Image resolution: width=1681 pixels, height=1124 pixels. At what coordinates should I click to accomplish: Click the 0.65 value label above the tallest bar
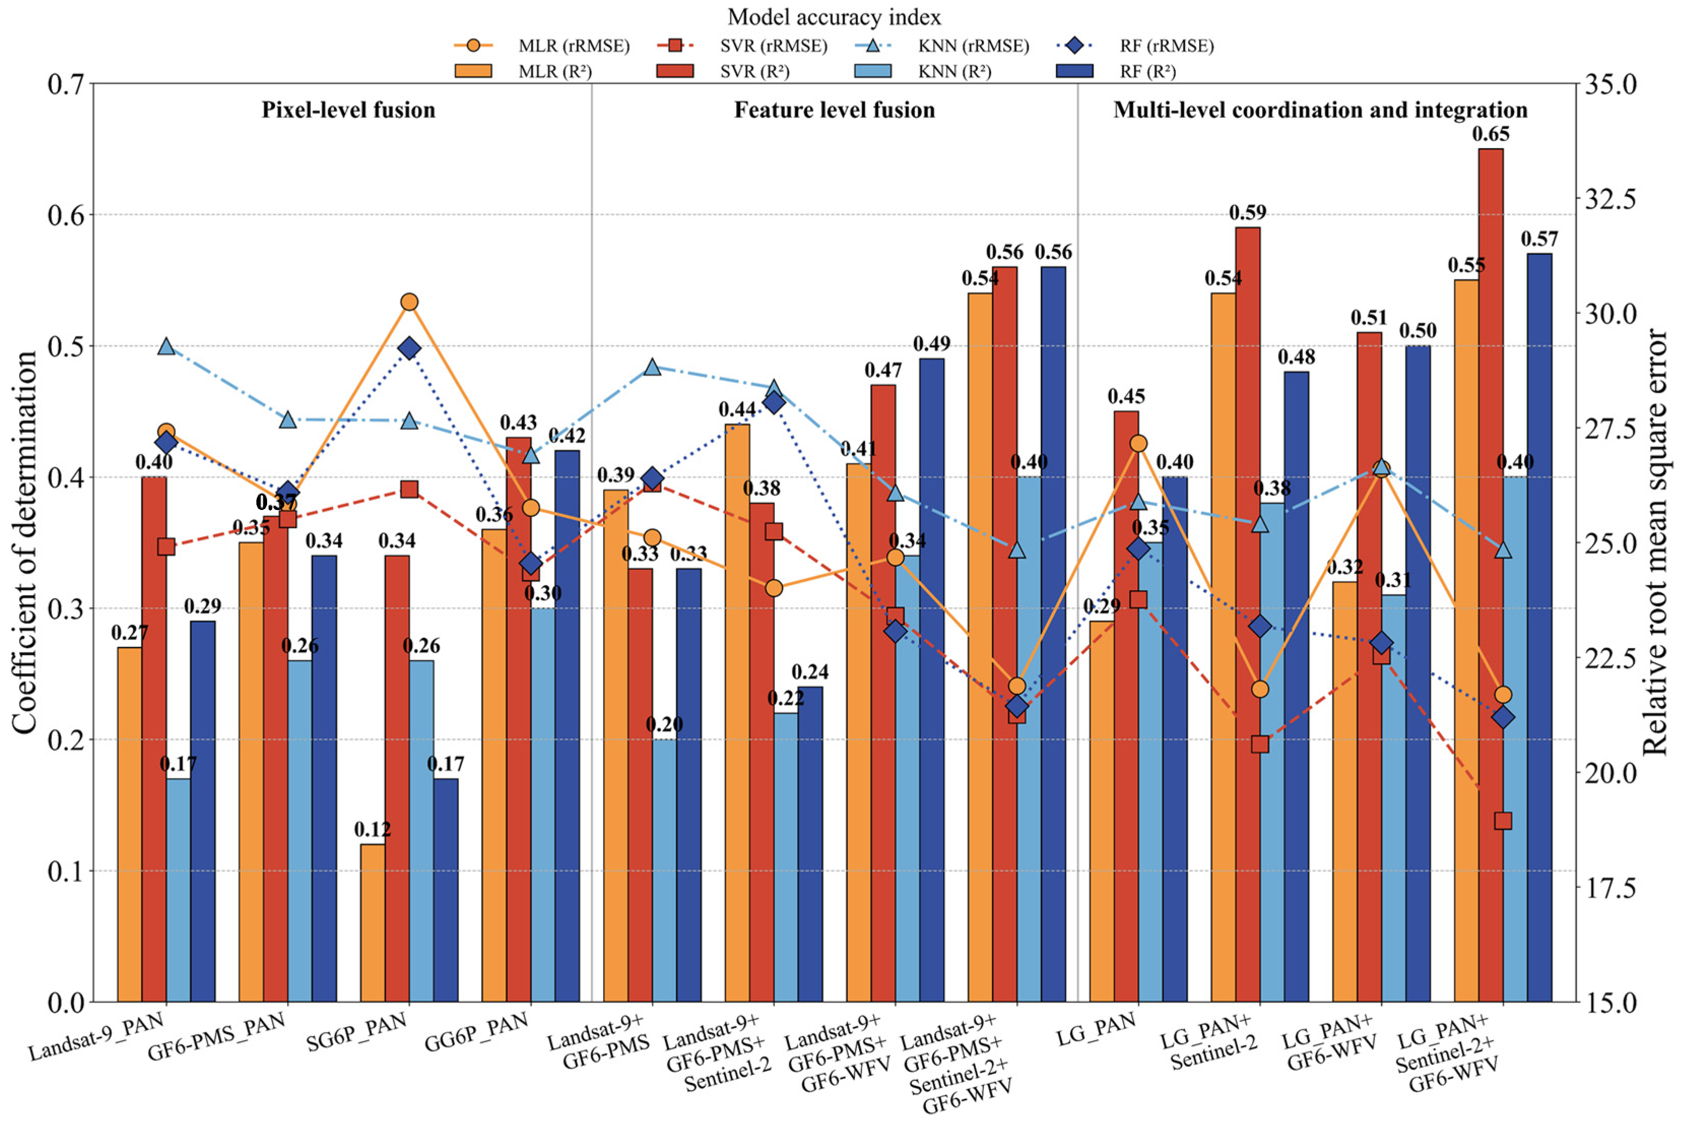[1490, 134]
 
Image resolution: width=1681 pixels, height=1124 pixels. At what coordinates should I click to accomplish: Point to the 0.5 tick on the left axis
[65, 346]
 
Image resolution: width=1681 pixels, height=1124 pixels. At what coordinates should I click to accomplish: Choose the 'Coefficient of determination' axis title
[24, 542]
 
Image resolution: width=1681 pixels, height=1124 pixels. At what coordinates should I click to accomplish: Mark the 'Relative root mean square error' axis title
[1655, 542]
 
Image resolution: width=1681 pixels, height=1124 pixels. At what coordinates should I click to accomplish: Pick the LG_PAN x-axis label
[1097, 1030]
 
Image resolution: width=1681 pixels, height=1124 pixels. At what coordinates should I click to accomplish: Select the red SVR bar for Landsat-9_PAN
[154, 738]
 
